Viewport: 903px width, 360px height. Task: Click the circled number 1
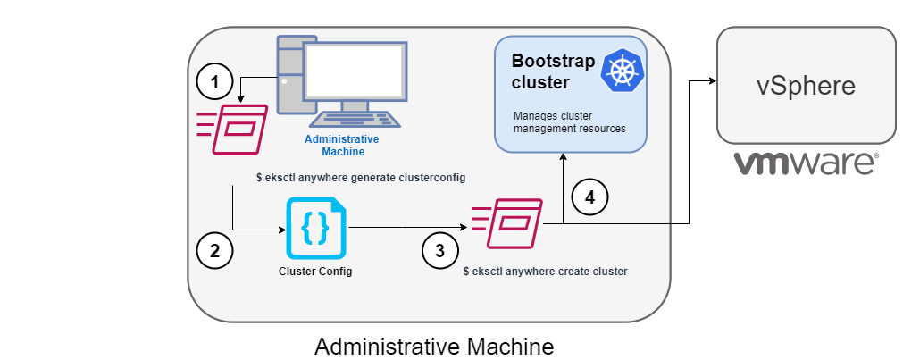[x=213, y=83]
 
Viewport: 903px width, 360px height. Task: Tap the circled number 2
[x=214, y=250]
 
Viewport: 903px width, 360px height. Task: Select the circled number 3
[x=439, y=250]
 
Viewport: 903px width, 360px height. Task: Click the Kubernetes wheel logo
[x=623, y=71]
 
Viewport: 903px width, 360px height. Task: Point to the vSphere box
[x=806, y=85]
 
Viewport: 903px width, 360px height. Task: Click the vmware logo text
[x=806, y=163]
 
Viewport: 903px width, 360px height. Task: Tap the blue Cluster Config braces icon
[x=315, y=230]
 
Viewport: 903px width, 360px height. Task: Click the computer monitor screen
[x=353, y=71]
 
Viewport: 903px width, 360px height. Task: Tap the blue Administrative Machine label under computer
[x=342, y=145]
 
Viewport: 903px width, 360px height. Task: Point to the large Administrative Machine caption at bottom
[x=434, y=345]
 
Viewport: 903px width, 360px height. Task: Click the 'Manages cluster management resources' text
[x=568, y=122]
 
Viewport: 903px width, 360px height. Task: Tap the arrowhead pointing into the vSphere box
[x=714, y=81]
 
